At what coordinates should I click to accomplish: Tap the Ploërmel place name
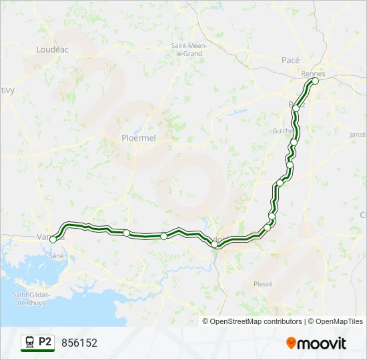pyautogui.click(x=138, y=138)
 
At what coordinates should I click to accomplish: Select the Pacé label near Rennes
pyautogui.click(x=290, y=60)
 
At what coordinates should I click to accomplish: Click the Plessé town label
pyautogui.click(x=263, y=283)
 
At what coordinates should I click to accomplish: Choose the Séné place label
pyautogui.click(x=56, y=255)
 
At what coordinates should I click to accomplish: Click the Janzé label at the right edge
pyautogui.click(x=358, y=134)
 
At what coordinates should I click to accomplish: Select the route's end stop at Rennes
pyautogui.click(x=315, y=81)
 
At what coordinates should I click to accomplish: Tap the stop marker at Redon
pyautogui.click(x=215, y=245)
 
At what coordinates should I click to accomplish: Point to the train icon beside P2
pyautogui.click(x=29, y=343)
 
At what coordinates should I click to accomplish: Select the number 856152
pyautogui.click(x=79, y=343)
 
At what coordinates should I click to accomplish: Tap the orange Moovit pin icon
pyautogui.click(x=291, y=343)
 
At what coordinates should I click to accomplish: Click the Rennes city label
pyautogui.click(x=312, y=73)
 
